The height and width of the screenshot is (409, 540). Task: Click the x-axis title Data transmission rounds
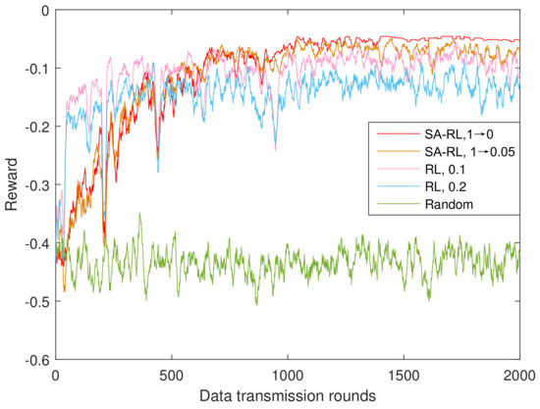click(288, 397)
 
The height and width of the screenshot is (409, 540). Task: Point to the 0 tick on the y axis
click(42, 11)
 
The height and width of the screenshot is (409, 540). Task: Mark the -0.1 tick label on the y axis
click(33, 69)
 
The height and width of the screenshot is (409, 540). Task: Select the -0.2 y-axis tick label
click(33, 128)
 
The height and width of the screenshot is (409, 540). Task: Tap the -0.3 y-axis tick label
click(33, 185)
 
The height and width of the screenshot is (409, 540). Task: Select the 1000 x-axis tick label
click(287, 376)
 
